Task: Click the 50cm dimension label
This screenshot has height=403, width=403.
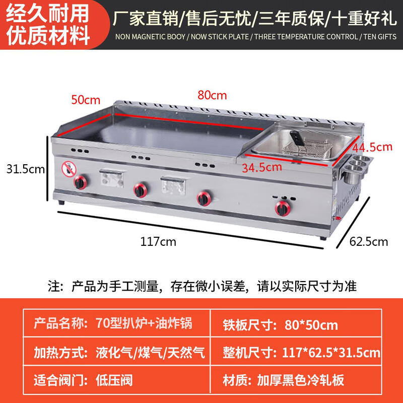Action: click(x=86, y=99)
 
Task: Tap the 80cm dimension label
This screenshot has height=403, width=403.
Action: click(x=212, y=95)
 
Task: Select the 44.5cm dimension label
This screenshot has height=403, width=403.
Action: click(x=372, y=147)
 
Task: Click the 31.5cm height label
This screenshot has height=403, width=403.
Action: click(x=23, y=169)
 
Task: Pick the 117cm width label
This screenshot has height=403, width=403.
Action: click(x=158, y=241)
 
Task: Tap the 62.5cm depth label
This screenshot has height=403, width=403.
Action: click(x=369, y=241)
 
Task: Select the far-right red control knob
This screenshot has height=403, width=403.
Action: click(x=281, y=207)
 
